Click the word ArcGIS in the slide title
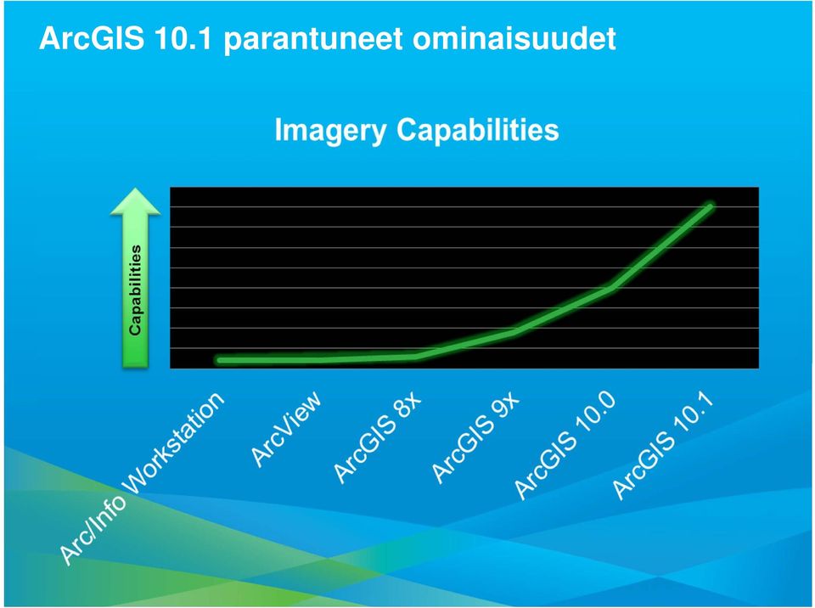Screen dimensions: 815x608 92,38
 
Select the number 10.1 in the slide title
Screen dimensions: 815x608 183,38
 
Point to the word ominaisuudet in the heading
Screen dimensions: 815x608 514,38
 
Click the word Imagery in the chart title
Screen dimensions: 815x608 330,131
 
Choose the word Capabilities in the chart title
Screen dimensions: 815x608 478,129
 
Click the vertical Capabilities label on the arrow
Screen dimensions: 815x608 135,290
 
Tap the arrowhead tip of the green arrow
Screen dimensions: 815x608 135,189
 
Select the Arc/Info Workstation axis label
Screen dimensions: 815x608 142,477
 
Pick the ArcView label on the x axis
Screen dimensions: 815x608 286,429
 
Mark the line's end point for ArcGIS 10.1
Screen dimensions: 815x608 710,207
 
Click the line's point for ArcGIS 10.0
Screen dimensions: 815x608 612,288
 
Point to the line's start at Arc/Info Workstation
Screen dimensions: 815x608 221,360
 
